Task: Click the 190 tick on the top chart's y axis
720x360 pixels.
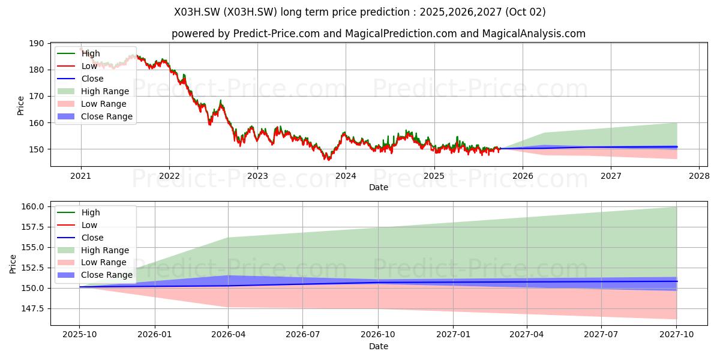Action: pyautogui.click(x=37, y=43)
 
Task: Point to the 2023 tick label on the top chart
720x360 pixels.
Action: pyautogui.click(x=257, y=176)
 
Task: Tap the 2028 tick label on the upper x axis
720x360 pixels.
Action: pyautogui.click(x=699, y=176)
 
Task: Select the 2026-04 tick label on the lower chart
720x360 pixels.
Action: pyautogui.click(x=228, y=335)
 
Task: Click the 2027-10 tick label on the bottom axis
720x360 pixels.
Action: pyautogui.click(x=677, y=335)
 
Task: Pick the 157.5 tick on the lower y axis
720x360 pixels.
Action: pyautogui.click(x=32, y=227)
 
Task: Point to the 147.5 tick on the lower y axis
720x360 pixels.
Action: pyautogui.click(x=32, y=308)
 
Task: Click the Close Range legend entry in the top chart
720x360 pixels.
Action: pyautogui.click(x=95, y=116)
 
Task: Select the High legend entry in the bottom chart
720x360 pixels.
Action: pyautogui.click(x=79, y=212)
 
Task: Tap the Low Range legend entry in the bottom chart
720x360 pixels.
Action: pyautogui.click(x=92, y=262)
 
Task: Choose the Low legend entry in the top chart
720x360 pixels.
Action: pyautogui.click(x=77, y=66)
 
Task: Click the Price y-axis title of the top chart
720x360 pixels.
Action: pyautogui.click(x=20, y=106)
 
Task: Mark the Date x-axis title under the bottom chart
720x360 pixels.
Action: pyautogui.click(x=379, y=346)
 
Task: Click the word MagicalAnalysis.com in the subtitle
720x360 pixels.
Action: pyautogui.click(x=533, y=34)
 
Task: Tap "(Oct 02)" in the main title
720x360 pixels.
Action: pyautogui.click(x=525, y=12)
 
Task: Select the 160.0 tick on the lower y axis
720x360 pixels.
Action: pyautogui.click(x=32, y=206)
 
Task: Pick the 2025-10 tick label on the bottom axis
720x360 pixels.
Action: pyautogui.click(x=79, y=335)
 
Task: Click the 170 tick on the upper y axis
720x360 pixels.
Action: pyautogui.click(x=37, y=96)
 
